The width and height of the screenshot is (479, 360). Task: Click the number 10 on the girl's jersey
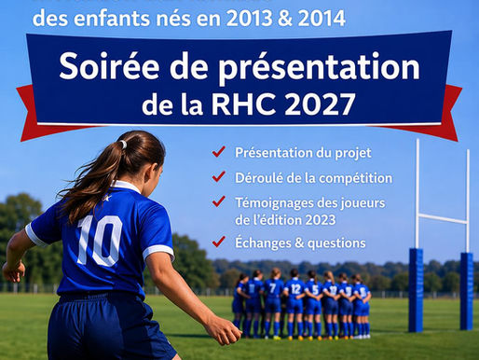[x=99, y=240]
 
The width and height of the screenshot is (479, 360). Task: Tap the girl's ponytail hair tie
[x=122, y=145]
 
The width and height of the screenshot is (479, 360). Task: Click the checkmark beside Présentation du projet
[x=219, y=152]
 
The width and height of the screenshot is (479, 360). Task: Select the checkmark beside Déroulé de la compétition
[x=219, y=177]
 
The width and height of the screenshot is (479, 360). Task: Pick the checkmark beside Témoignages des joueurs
[x=219, y=201]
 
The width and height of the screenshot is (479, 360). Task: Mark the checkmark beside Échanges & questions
[x=219, y=242]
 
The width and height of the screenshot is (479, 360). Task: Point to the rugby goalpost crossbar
[x=441, y=219]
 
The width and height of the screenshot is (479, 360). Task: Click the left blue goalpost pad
[x=416, y=289]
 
